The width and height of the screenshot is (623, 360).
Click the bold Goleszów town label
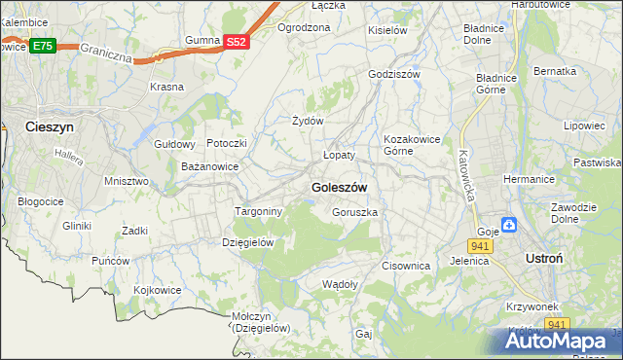coord(339,186)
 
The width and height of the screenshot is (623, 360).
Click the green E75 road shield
coord(42,46)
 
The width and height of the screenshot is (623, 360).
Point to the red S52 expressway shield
coord(237,42)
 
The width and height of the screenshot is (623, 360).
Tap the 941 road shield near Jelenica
coord(480,246)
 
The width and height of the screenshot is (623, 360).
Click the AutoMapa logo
coord(563,342)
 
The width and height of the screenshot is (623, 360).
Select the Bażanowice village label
coord(210,167)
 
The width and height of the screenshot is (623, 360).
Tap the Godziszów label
coord(393,74)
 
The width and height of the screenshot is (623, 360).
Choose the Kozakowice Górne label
coord(413,144)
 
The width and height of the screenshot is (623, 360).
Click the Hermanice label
coord(529,179)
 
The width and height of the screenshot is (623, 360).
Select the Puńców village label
coord(111,261)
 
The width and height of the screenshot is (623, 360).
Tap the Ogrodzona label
coord(304,27)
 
